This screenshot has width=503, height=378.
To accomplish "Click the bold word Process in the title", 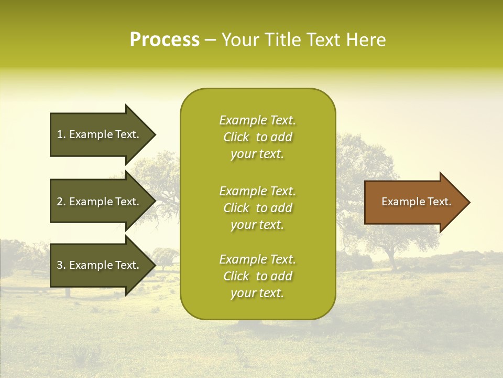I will coord(165,40).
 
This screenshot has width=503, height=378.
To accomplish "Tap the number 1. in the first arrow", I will coord(61,134).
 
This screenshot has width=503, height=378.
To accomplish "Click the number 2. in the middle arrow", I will coord(61,202).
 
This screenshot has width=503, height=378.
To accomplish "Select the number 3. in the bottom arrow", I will coord(61,265).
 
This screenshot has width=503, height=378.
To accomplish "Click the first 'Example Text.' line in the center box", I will coord(257,120).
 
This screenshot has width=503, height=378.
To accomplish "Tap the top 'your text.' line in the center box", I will coord(257,154).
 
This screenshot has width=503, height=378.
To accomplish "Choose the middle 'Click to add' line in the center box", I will coord(257,208).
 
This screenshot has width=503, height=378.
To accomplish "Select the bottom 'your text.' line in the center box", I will coord(257,293).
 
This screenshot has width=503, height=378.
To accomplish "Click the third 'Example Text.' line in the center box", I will coord(257,259).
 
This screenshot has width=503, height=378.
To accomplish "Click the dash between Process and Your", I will coord(210,40).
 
